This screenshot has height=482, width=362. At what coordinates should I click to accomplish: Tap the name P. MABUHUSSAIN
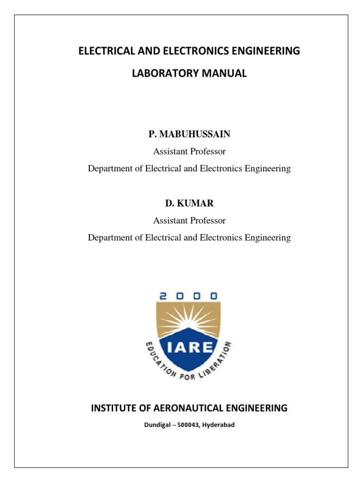pos(189,134)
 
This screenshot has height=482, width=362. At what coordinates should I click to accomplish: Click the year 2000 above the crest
pos(189,296)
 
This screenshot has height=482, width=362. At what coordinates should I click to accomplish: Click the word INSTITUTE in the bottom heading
pos(113,408)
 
